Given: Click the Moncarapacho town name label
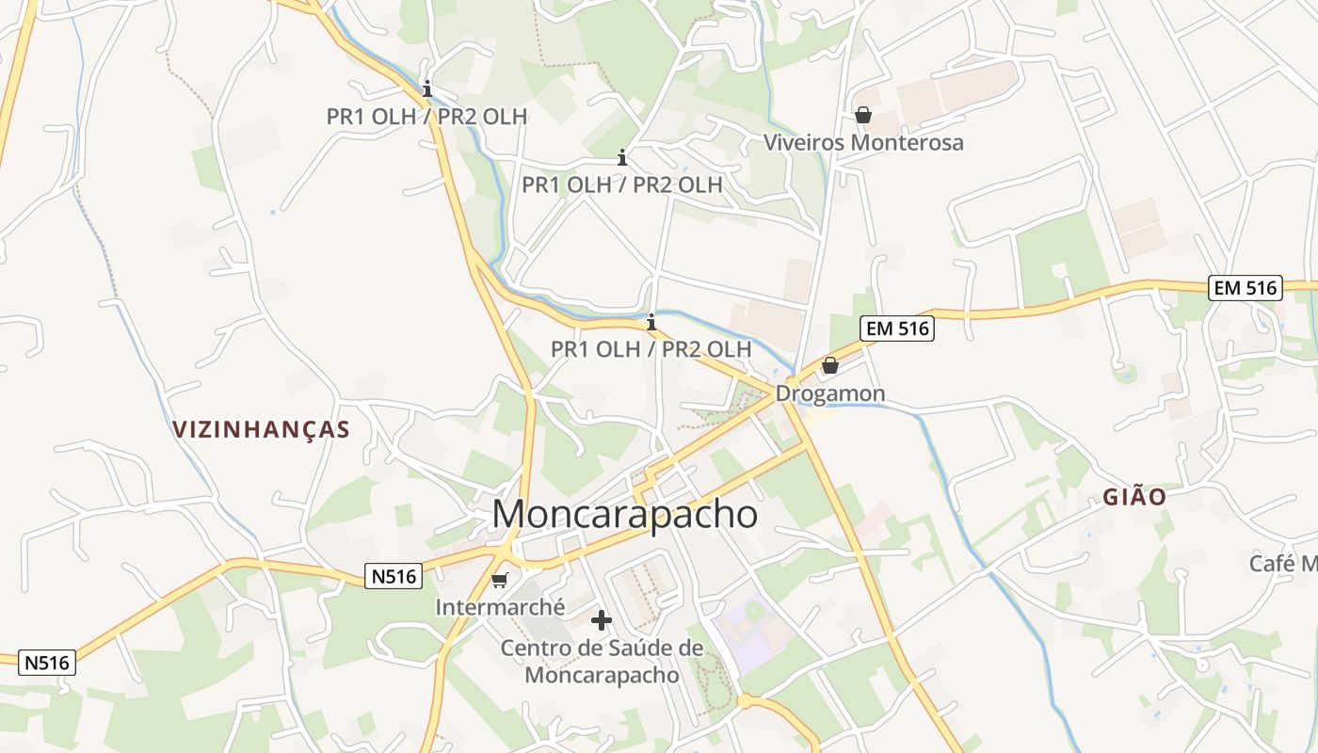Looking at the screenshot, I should (x=624, y=515).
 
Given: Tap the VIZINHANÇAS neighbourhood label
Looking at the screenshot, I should (x=261, y=430).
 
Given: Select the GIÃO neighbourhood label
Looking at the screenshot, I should (x=1135, y=497).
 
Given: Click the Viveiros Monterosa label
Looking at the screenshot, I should (x=863, y=143).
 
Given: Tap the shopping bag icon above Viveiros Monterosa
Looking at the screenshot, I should (x=862, y=115).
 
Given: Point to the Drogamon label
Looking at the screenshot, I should (x=829, y=393).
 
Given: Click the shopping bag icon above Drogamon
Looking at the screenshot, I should (x=830, y=365).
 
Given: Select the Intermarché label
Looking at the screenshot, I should (x=500, y=607).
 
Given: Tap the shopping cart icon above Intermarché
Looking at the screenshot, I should (x=500, y=580).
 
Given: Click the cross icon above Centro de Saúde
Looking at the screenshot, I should (x=602, y=620).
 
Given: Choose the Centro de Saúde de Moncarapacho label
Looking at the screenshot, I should (x=602, y=662).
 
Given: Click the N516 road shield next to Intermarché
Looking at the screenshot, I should (x=394, y=576).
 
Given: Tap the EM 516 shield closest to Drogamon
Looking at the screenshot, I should (x=896, y=328).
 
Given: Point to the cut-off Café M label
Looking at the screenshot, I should (x=1282, y=564).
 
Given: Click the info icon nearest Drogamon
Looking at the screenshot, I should (x=651, y=322).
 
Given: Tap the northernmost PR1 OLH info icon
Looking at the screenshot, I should (x=428, y=89).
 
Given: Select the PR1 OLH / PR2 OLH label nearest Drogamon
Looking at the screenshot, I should (x=651, y=349).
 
